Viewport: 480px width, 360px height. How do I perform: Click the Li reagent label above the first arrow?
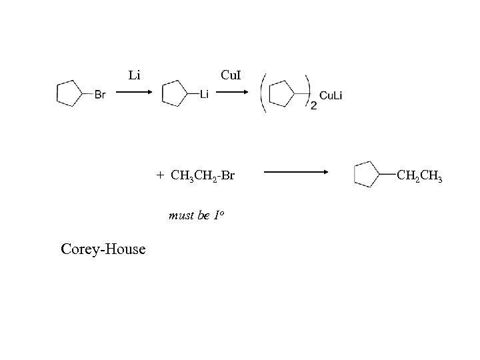(133, 75)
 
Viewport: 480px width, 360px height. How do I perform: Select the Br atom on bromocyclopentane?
(99, 95)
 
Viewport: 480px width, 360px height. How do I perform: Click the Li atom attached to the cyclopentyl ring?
(204, 95)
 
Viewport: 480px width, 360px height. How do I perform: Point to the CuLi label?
(331, 95)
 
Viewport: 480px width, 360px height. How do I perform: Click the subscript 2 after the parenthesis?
(313, 106)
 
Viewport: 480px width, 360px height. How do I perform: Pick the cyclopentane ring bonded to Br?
(69, 93)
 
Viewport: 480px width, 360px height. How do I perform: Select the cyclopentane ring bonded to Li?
(175, 93)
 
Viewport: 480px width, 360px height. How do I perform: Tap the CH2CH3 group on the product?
(419, 175)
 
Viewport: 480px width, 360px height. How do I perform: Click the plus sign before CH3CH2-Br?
(160, 176)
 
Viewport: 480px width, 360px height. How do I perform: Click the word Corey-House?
(103, 249)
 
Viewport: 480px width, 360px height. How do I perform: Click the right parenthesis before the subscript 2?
(307, 89)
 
